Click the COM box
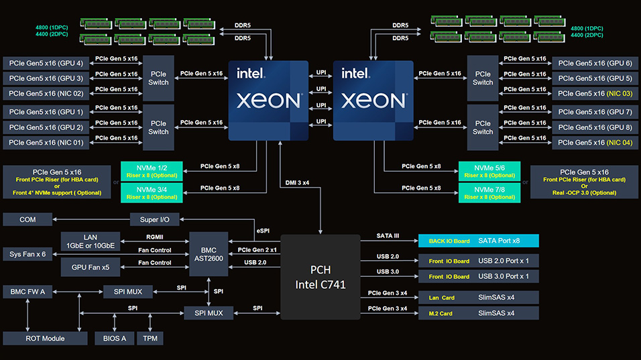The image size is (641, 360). tap(27, 219)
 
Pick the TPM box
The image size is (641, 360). tap(150, 339)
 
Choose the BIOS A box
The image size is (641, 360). tap(114, 339)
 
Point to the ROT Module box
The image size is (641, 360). tap(44, 339)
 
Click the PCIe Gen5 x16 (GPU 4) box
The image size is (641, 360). tap(46, 64)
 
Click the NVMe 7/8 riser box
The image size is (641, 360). tap(489, 193)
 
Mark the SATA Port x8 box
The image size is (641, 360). tap(478, 240)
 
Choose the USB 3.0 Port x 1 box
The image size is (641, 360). tap(478, 276)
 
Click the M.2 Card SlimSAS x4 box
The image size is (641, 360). tap(478, 313)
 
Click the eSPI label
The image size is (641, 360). tap(263, 230)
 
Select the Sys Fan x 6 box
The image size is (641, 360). tap(28, 254)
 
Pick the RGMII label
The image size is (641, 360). tap(156, 236)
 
